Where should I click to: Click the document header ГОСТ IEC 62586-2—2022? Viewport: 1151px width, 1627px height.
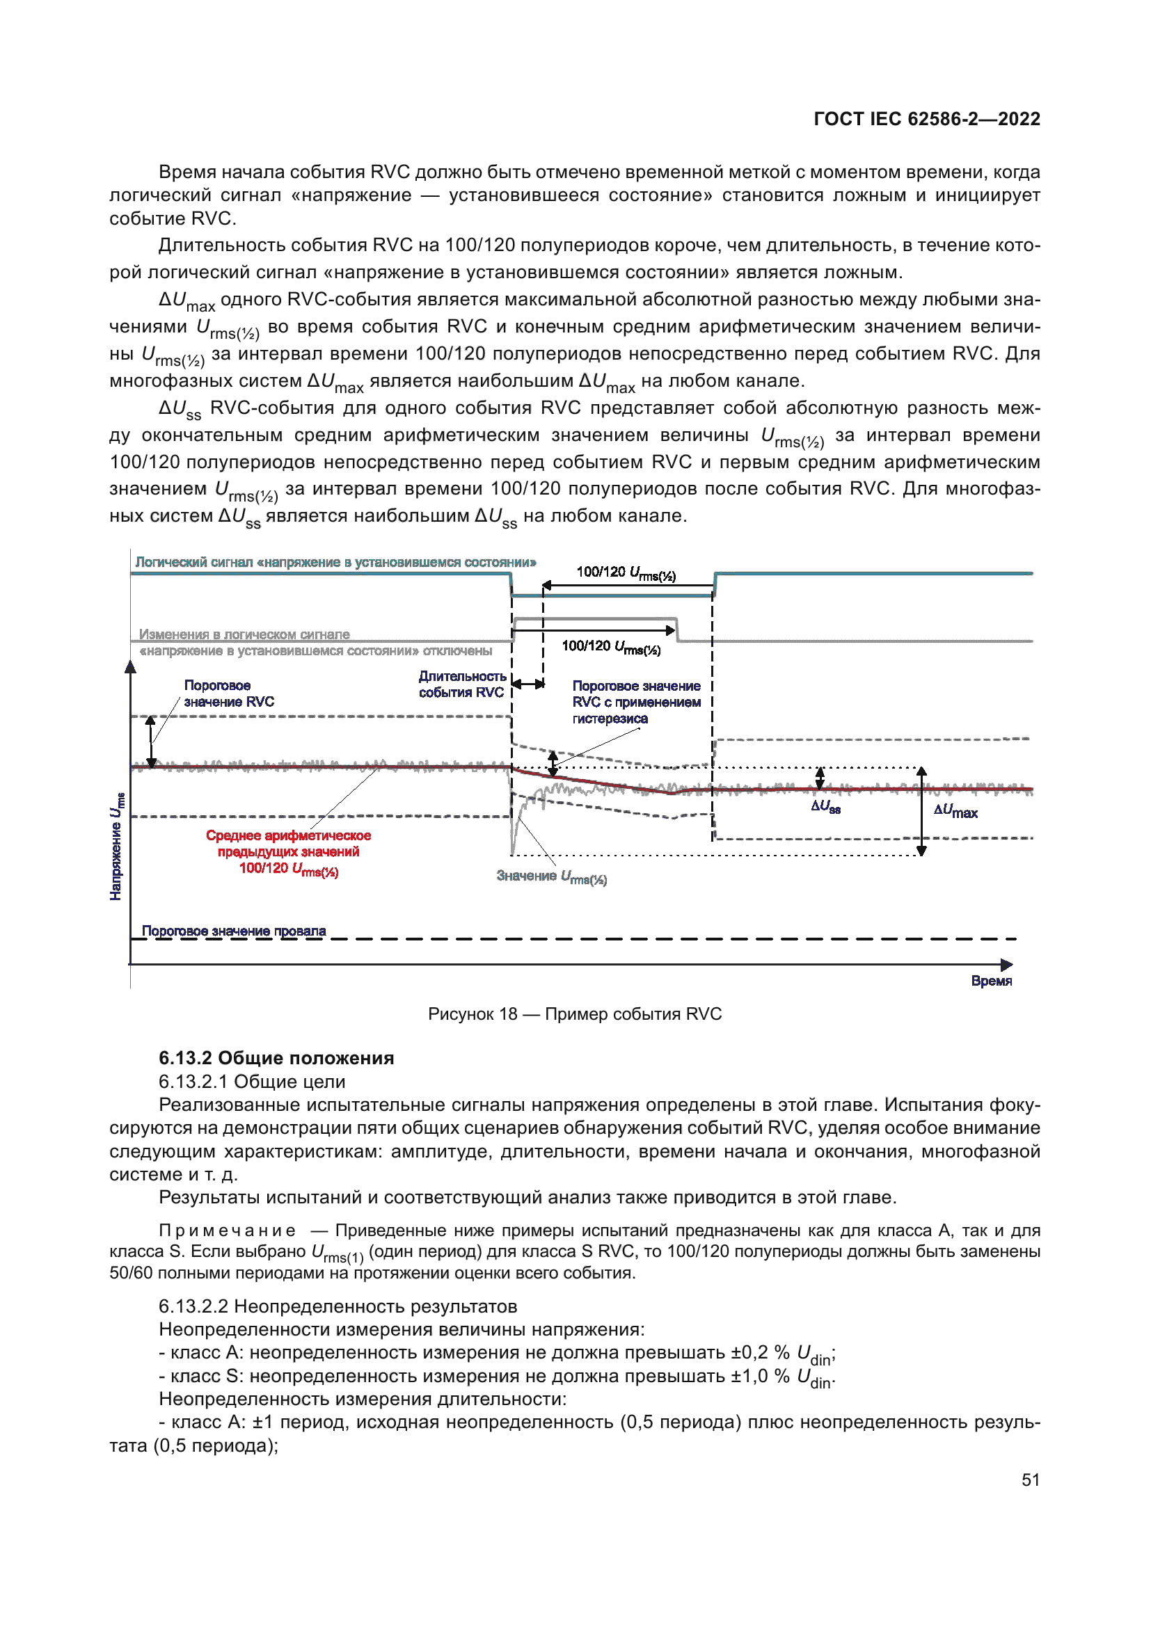pyautogui.click(x=926, y=119)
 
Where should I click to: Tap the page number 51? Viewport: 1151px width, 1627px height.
pyautogui.click(x=1031, y=1480)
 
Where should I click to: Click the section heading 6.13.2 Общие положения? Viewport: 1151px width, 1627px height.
pyautogui.click(x=276, y=1058)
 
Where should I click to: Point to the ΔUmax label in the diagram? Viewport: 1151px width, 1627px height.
pyautogui.click(x=955, y=811)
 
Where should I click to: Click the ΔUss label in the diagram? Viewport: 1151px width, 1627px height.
pyautogui.click(x=826, y=806)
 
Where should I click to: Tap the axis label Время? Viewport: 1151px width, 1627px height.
pyautogui.click(x=991, y=981)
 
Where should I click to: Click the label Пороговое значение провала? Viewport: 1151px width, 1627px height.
pyautogui.click(x=234, y=931)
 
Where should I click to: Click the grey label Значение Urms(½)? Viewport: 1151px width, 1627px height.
pyautogui.click(x=551, y=876)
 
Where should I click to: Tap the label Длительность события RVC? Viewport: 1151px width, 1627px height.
pyautogui.click(x=462, y=684)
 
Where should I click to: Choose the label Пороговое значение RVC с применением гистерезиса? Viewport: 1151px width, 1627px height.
pyautogui.click(x=636, y=703)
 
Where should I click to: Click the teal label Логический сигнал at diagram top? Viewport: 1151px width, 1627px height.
pyautogui.click(x=335, y=563)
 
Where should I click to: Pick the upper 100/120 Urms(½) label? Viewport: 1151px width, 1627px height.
pyautogui.click(x=626, y=572)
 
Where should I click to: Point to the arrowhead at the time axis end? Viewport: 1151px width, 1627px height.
pyautogui.click(x=1006, y=964)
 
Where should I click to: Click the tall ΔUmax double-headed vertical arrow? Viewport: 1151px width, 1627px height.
pyautogui.click(x=921, y=811)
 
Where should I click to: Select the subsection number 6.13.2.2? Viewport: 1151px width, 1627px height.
pyautogui.click(x=193, y=1306)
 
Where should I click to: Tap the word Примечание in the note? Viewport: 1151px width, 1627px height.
pyautogui.click(x=227, y=1231)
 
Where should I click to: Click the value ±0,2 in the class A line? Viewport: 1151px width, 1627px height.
pyautogui.click(x=749, y=1353)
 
